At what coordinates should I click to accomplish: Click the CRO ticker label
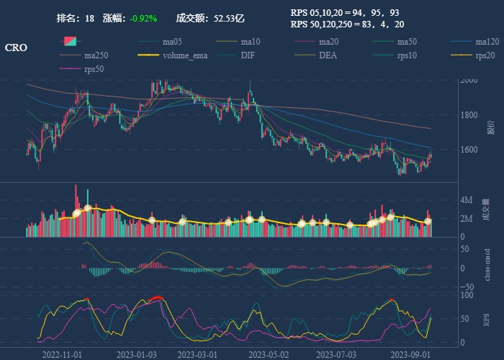point(16,48)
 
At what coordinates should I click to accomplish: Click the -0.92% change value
point(143,18)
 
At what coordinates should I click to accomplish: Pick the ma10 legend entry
point(250,41)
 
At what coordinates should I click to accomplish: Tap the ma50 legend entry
point(407,41)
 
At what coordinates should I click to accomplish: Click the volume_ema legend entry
point(185,55)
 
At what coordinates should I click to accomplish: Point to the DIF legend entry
point(247,55)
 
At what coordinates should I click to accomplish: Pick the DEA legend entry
point(328,55)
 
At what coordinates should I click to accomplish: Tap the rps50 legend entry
point(94,68)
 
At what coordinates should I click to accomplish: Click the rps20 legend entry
point(485,55)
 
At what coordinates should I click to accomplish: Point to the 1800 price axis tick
point(469,115)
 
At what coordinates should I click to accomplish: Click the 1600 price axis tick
point(469,150)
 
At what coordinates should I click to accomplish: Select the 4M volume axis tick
point(467,200)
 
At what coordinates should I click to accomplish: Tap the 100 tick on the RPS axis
point(467,295)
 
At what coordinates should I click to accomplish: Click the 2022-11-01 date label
point(63,354)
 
